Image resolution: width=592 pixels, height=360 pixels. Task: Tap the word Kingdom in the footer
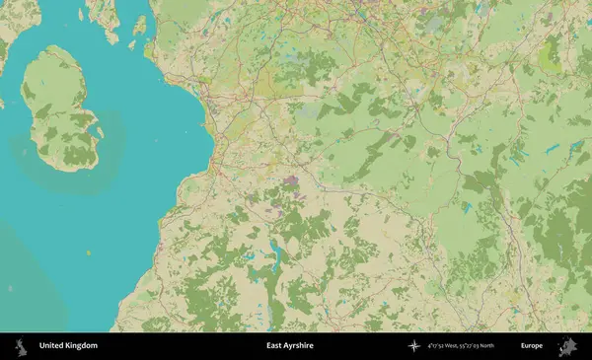tap(81, 346)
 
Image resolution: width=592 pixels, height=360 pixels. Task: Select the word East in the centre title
tap(274, 346)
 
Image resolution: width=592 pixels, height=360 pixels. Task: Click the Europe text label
tap(532, 346)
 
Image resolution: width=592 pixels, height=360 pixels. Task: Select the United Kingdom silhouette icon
tap(19, 346)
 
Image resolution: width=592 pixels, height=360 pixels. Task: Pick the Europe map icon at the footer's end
tap(567, 346)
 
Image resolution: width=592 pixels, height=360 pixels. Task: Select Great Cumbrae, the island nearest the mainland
tap(140, 25)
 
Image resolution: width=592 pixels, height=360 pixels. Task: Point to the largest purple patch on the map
tap(292, 180)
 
